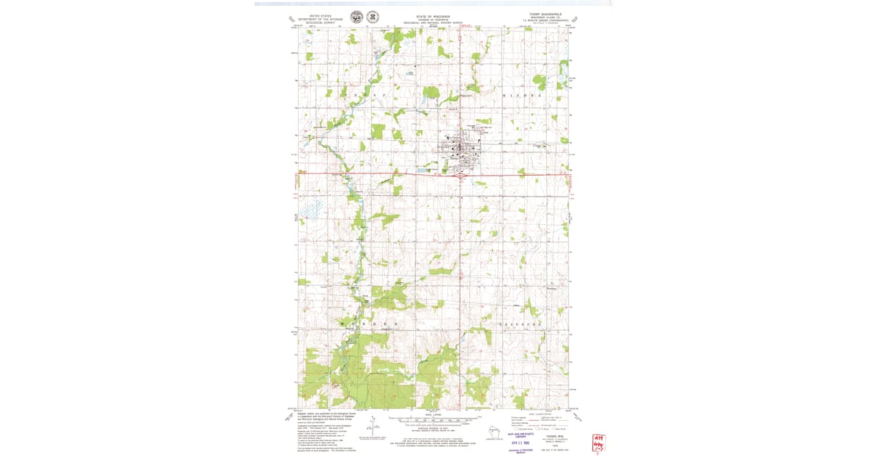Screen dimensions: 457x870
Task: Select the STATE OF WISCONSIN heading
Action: [x=433, y=15]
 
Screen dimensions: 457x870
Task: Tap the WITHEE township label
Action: [x=523, y=96]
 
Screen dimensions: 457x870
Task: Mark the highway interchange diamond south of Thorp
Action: [x=458, y=174]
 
